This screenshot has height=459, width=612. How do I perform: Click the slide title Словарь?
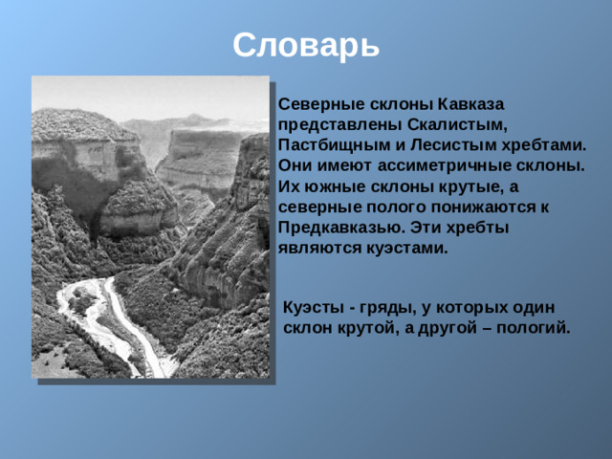click(306, 44)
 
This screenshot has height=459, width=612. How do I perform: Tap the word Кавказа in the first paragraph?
click(470, 103)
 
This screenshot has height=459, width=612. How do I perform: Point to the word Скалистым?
click(446, 124)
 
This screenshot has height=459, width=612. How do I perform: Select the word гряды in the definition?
click(382, 306)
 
